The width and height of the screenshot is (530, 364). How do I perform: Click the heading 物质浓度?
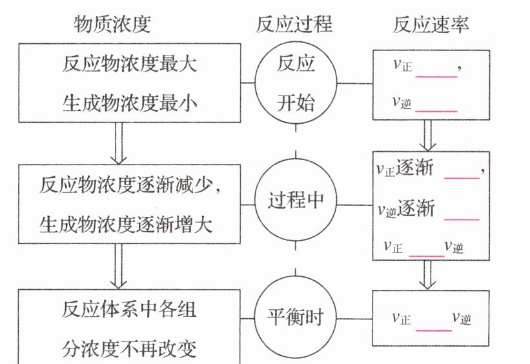pyautogui.click(x=112, y=25)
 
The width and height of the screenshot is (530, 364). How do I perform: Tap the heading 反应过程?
pyautogui.click(x=294, y=25)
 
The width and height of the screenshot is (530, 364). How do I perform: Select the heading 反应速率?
pyautogui.click(x=431, y=25)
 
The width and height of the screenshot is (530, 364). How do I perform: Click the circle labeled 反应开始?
pyautogui.click(x=296, y=82)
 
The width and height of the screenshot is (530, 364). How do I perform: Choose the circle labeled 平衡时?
pyautogui.click(x=296, y=318)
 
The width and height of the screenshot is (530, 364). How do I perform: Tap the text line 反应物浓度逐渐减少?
pyautogui.click(x=130, y=185)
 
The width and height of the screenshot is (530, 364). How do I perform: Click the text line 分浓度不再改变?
pyautogui.click(x=129, y=349)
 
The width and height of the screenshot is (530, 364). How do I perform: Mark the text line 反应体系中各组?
pyautogui.click(x=129, y=310)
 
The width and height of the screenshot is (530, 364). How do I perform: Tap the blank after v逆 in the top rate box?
pyautogui.click(x=436, y=103)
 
